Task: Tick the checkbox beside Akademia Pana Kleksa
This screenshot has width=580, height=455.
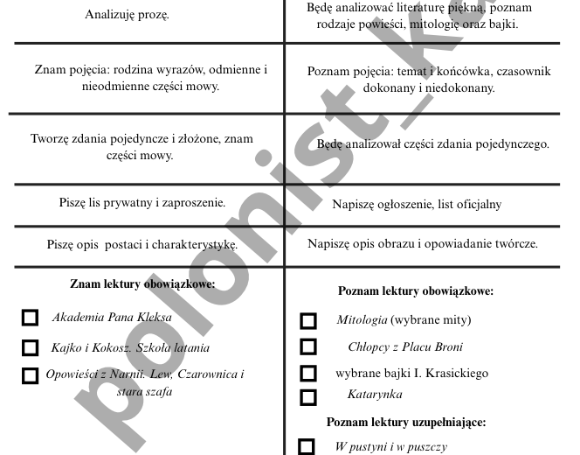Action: (x=31, y=318)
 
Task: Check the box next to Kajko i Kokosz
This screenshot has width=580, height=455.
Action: (x=31, y=347)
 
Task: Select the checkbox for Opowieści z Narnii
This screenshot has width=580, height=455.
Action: (x=31, y=376)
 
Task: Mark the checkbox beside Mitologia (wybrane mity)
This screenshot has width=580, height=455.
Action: (x=307, y=320)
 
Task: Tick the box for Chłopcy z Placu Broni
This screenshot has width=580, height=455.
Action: (x=307, y=346)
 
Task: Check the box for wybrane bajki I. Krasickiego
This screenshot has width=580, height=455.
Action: (x=307, y=374)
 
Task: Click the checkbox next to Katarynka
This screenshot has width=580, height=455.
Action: (x=307, y=396)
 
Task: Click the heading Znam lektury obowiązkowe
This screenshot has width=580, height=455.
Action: (x=142, y=283)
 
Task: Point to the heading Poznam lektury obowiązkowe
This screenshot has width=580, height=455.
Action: (x=416, y=290)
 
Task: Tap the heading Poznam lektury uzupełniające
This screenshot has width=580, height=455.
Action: (x=406, y=422)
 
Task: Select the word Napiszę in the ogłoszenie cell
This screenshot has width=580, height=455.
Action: (x=354, y=205)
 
